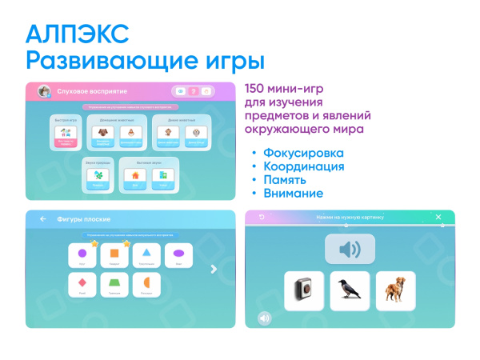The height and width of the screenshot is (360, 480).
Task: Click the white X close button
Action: point(438,217)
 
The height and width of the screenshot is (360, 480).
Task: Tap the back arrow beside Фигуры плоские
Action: point(42,218)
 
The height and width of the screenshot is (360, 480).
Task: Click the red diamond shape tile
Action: point(82,284)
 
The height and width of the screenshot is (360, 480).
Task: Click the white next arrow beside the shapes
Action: point(214,269)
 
